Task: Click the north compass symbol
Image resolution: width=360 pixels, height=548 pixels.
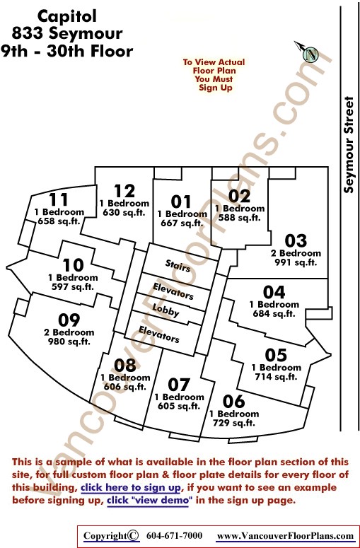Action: pyautogui.click(x=307, y=52)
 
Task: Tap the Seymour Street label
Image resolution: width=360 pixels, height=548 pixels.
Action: pyautogui.click(x=349, y=145)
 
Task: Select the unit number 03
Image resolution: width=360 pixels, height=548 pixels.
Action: pyautogui.click(x=296, y=241)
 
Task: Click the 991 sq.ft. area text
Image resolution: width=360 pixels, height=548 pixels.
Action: pyautogui.click(x=296, y=262)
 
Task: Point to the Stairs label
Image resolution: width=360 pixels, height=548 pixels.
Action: pyautogui.click(x=178, y=266)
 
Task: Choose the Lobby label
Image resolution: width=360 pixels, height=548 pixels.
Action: pyautogui.click(x=166, y=310)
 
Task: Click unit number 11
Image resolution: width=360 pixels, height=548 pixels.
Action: pyautogui.click(x=59, y=199)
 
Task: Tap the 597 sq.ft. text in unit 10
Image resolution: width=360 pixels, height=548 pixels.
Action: pyautogui.click(x=73, y=287)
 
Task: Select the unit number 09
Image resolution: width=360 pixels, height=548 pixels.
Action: pyautogui.click(x=69, y=320)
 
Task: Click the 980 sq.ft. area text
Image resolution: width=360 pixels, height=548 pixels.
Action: pyautogui.click(x=69, y=342)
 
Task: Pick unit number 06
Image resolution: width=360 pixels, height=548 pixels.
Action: pyautogui.click(x=233, y=401)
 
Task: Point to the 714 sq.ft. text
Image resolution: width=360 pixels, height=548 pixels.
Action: pyautogui.click(x=276, y=377)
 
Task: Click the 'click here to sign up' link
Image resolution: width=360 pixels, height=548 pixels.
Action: pyautogui.click(x=130, y=487)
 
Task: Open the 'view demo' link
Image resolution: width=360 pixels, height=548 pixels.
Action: pyautogui.click(x=150, y=500)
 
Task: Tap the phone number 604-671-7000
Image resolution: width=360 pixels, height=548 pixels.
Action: pyautogui.click(x=174, y=536)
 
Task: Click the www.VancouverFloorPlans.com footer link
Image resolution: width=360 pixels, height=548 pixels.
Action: pyautogui.click(x=285, y=536)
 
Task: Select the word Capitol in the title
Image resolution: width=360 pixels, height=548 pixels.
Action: pyautogui.click(x=66, y=16)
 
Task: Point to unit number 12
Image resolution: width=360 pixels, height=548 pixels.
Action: pyautogui.click(x=124, y=191)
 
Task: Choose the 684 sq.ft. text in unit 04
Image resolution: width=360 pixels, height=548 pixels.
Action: pyautogui.click(x=274, y=313)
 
